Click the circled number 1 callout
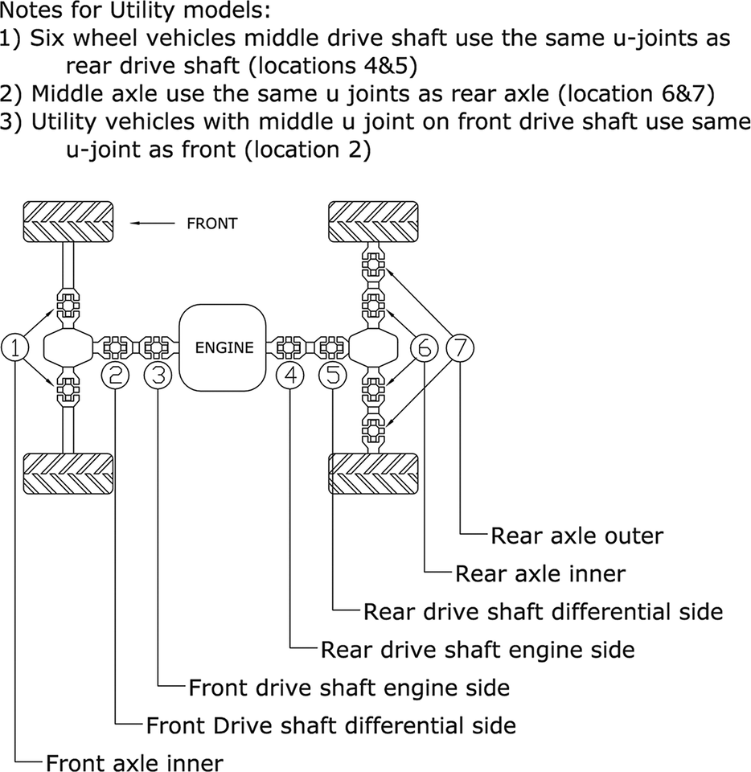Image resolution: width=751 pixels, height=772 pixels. click(x=16, y=347)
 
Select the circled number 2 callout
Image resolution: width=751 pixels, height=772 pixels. click(x=117, y=375)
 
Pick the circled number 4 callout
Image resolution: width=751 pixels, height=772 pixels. click(x=290, y=375)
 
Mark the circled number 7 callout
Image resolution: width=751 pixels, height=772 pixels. click(x=460, y=347)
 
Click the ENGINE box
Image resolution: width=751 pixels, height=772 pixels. click(x=224, y=347)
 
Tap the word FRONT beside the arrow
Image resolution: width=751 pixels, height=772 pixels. click(x=211, y=224)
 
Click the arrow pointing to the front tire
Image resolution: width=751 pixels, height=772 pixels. click(x=152, y=224)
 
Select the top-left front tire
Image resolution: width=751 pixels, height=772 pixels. click(x=68, y=220)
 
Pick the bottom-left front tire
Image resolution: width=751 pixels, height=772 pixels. click(x=68, y=474)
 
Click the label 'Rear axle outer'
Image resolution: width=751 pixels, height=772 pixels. click(x=577, y=536)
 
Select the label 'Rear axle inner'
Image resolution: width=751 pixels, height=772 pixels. click(x=540, y=573)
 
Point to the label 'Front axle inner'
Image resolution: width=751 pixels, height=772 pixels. click(x=134, y=762)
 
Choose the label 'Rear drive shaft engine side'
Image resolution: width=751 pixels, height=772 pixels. click(x=478, y=649)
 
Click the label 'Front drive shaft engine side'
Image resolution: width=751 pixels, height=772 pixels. click(x=349, y=688)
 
